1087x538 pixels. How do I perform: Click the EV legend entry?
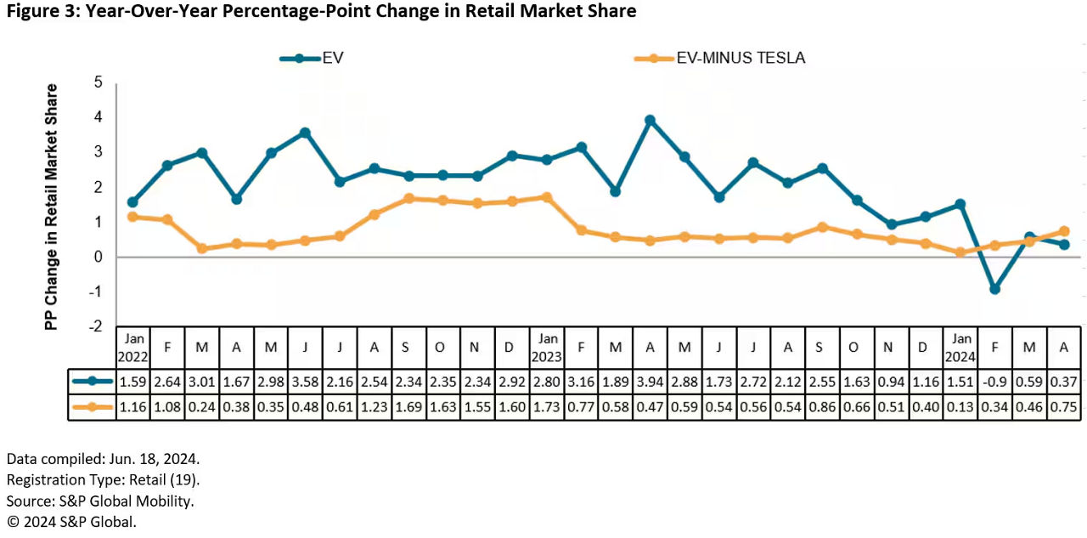point(312,58)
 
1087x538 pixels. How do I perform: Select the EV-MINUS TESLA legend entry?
point(720,58)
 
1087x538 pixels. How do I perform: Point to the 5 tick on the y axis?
point(99,82)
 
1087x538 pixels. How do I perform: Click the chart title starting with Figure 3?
point(320,12)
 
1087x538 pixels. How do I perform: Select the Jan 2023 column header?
point(547,346)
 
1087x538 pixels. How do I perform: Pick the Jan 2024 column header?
point(960,346)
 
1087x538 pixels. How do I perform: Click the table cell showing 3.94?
point(650,382)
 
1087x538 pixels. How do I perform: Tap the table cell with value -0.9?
point(994,382)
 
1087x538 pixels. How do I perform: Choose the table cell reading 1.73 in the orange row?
point(547,408)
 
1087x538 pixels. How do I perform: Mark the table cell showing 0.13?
point(960,408)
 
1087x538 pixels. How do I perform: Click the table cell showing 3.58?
point(305,382)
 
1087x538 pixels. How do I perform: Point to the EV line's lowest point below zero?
point(994,289)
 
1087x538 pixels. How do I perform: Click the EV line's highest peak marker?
point(650,121)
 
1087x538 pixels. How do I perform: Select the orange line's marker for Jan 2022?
point(132,217)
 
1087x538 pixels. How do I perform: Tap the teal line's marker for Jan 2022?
point(132,202)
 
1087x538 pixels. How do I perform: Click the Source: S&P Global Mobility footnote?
point(100,501)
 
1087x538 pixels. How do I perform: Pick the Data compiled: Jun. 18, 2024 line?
point(103,459)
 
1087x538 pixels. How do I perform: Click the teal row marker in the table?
point(92,382)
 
